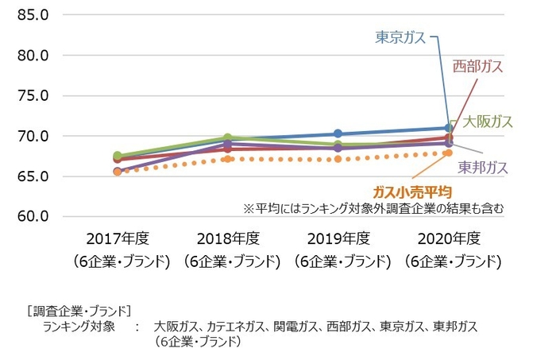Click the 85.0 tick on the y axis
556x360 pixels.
[x=33, y=15]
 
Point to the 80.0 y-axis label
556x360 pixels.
[x=33, y=56]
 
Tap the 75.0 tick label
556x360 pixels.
[x=33, y=95]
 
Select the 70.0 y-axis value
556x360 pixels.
[x=33, y=136]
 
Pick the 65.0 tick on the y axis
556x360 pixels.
[x=33, y=176]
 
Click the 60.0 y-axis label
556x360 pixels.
[x=33, y=216]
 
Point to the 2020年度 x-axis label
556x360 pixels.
[x=449, y=238]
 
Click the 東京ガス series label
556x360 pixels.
[x=400, y=37]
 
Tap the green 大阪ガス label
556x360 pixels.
[x=488, y=122]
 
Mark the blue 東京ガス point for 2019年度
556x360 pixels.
[x=338, y=134]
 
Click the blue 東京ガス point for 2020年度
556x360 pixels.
[x=449, y=127]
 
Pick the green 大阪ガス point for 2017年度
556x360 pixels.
[x=118, y=156]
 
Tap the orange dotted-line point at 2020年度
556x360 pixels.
[x=449, y=153]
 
